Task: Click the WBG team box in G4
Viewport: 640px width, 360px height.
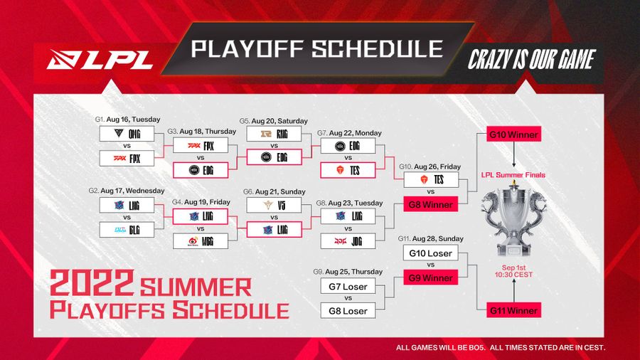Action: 201,241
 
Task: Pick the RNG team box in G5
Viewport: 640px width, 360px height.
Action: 273,134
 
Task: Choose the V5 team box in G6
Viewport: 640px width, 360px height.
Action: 273,205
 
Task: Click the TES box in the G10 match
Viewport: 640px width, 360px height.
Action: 430,180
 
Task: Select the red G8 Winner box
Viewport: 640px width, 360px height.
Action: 430,205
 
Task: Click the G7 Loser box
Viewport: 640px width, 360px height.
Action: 348,287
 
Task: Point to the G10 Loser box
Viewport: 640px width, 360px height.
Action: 430,253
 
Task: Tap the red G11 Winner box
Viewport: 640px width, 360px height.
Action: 513,310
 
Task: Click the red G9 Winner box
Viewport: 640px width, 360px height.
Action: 430,278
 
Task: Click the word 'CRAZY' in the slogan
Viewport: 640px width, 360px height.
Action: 491,60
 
